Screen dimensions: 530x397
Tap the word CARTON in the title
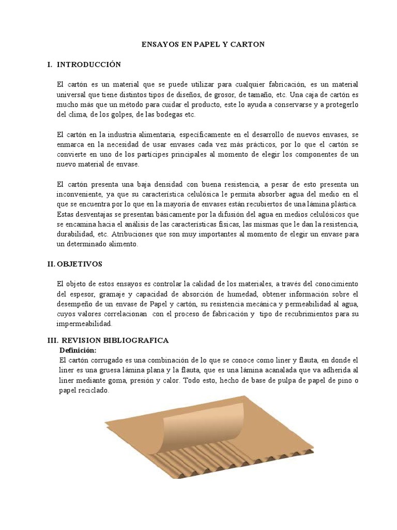(251, 45)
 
